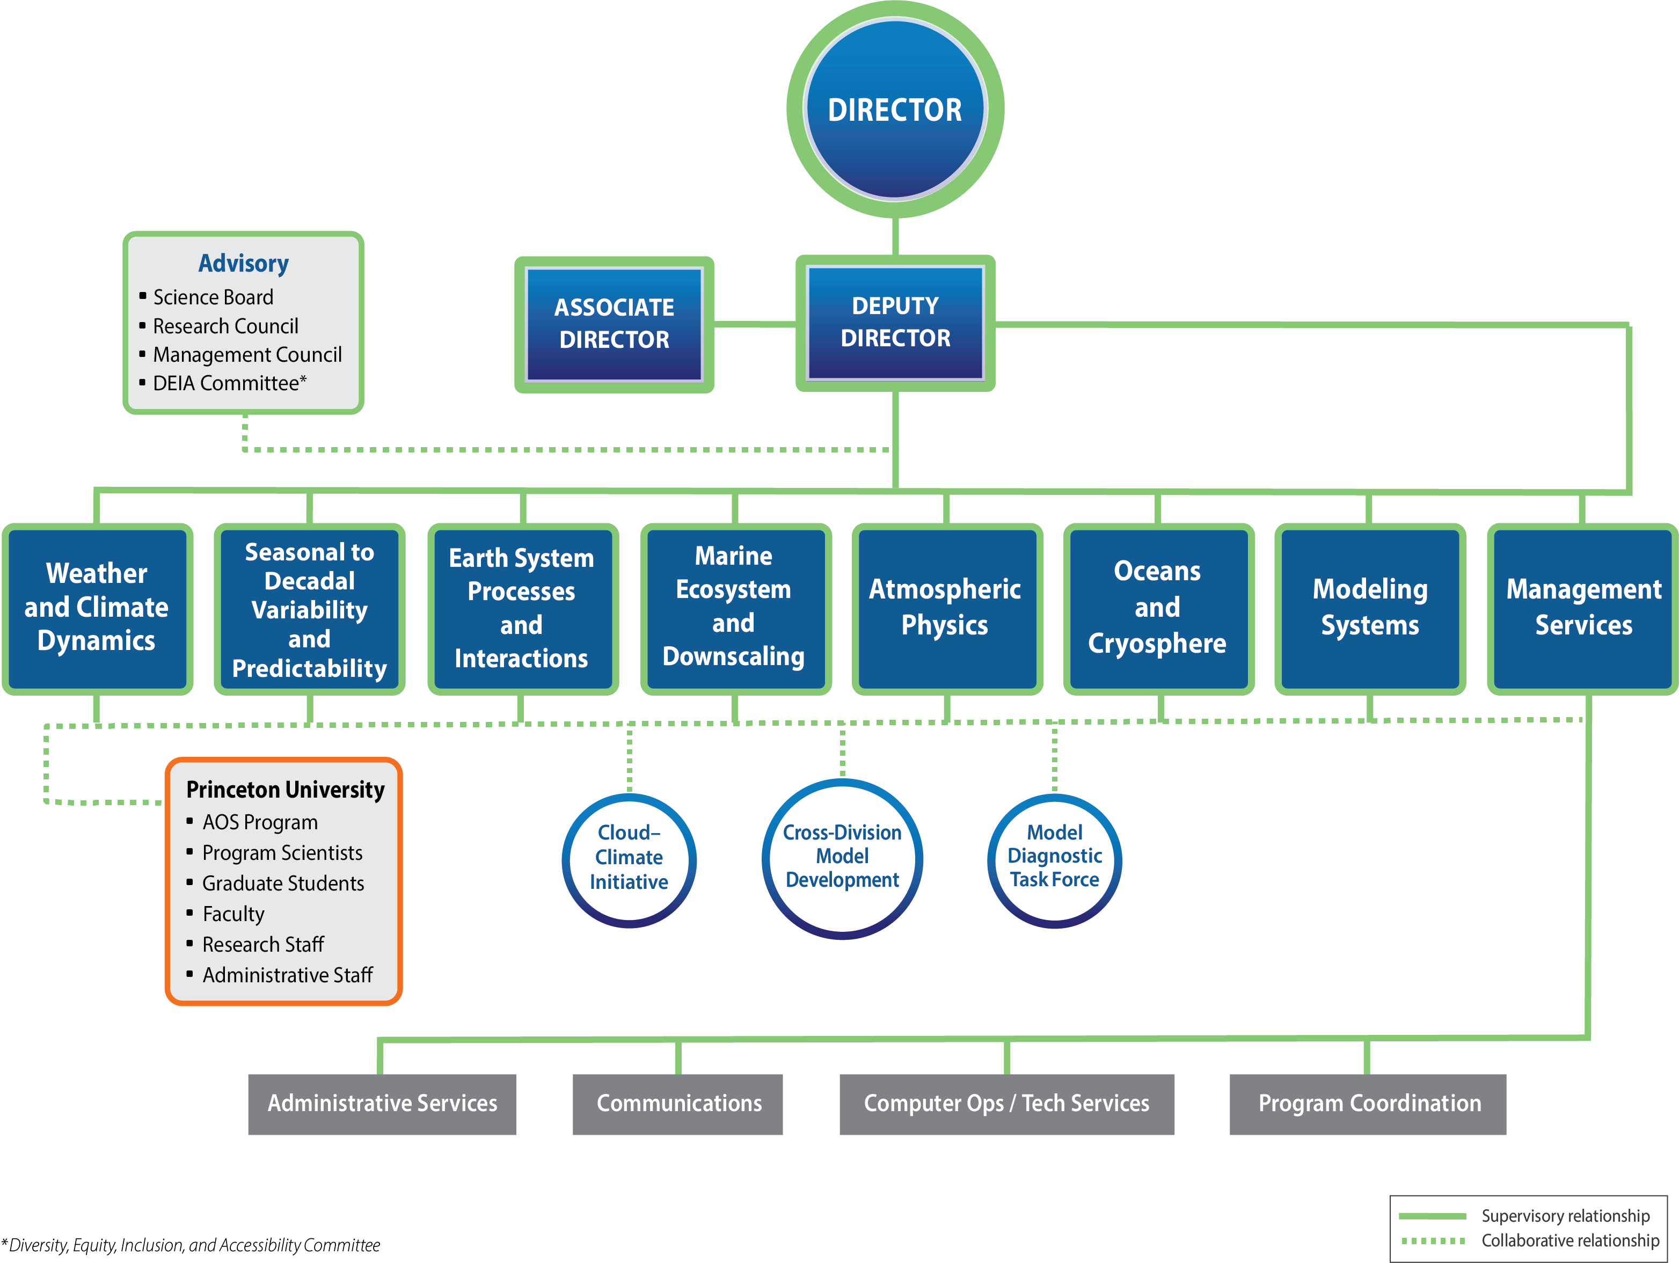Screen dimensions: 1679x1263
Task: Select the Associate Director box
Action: point(614,324)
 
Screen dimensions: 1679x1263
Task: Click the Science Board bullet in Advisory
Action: point(213,297)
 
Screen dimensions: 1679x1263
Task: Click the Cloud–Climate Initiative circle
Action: point(629,860)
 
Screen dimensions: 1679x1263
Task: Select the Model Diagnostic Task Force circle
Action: point(1054,860)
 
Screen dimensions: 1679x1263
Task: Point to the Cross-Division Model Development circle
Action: point(843,858)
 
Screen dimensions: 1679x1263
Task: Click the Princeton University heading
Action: point(286,790)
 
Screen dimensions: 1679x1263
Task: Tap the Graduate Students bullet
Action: point(283,884)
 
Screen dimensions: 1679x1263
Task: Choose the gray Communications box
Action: point(678,1104)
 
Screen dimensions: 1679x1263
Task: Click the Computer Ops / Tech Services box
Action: point(1006,1104)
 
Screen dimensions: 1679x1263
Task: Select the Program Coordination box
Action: point(1368,1104)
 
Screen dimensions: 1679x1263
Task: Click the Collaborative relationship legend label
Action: point(1569,1241)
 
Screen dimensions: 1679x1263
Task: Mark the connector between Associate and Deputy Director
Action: point(755,324)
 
